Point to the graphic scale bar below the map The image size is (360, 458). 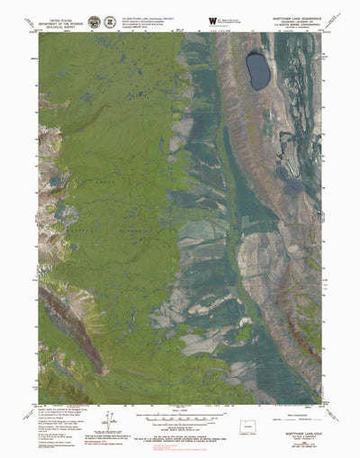click(180, 393)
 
